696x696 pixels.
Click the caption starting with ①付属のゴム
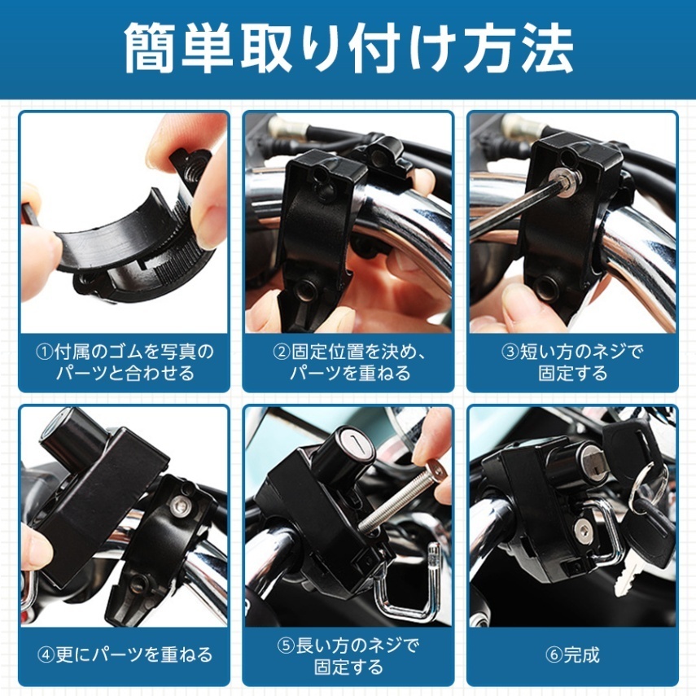pyautogui.click(x=125, y=362)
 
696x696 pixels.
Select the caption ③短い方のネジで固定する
pyautogui.click(x=573, y=362)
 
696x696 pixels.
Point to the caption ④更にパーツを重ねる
pyautogui.click(x=125, y=654)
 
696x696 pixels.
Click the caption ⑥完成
pyautogui.click(x=573, y=654)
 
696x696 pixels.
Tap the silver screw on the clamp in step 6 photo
pyautogui.click(x=583, y=530)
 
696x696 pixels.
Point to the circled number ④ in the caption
pyautogui.click(x=47, y=654)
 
